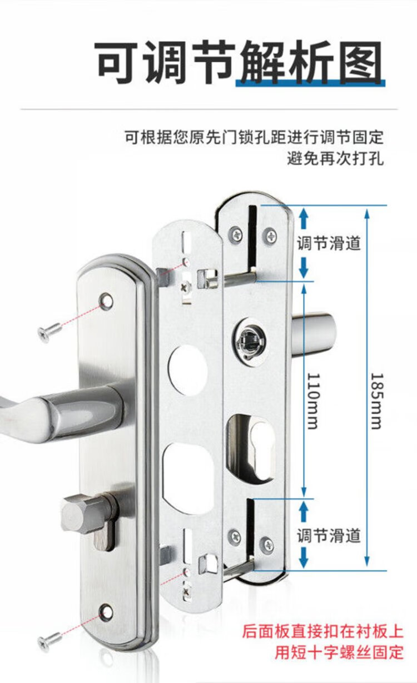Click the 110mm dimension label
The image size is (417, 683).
(x=314, y=401)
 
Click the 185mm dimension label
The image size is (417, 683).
(x=376, y=401)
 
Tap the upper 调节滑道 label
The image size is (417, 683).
(x=329, y=243)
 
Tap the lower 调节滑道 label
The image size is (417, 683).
(x=329, y=536)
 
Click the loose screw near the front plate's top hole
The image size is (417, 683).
(x=49, y=332)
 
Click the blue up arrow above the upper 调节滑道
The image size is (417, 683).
(x=303, y=218)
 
